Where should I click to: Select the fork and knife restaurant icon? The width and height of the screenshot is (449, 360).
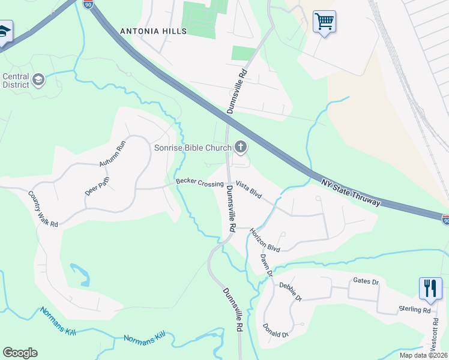[x=430, y=288]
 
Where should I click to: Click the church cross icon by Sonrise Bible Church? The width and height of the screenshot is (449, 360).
[x=241, y=146]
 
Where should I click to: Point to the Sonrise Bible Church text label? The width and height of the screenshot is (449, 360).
[x=194, y=147]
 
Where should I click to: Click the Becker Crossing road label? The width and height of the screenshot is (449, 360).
[x=199, y=182]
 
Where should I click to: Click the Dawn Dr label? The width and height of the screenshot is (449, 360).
[x=267, y=265]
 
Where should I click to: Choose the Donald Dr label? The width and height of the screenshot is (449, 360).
[x=276, y=330]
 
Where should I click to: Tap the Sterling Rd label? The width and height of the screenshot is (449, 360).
[x=415, y=310]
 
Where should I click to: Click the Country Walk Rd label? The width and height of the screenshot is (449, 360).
[x=43, y=209]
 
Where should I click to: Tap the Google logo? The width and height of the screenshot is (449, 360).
[x=20, y=353]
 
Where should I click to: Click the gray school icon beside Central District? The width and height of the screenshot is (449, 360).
[x=39, y=80]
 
